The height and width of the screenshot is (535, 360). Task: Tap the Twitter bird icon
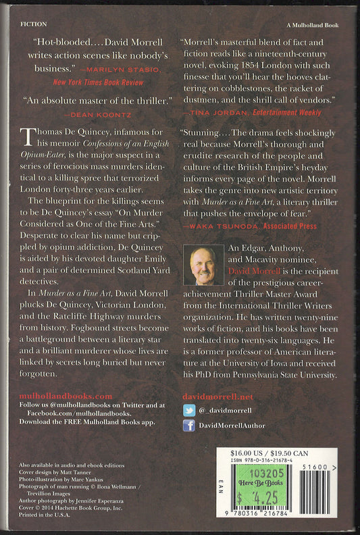[189, 409]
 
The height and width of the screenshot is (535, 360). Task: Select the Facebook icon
[189, 425]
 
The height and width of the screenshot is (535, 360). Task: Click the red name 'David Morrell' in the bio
[251, 270]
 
